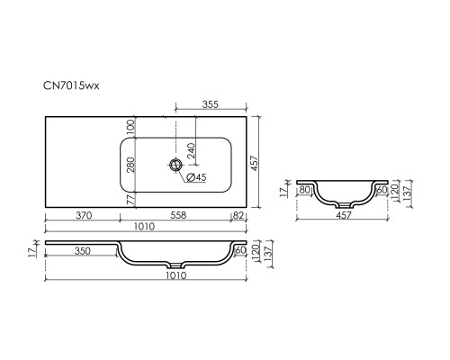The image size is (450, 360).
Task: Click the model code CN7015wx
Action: coord(71,85)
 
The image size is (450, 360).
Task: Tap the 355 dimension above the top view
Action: coord(211,104)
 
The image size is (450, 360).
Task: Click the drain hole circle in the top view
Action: coord(175,165)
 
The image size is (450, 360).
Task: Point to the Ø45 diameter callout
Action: coord(196,177)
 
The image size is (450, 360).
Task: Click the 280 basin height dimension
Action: coord(130,165)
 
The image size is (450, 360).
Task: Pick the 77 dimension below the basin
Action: coord(130,199)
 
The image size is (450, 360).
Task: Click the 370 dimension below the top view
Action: coord(84,215)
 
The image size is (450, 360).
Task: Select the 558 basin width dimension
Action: coord(178,215)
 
